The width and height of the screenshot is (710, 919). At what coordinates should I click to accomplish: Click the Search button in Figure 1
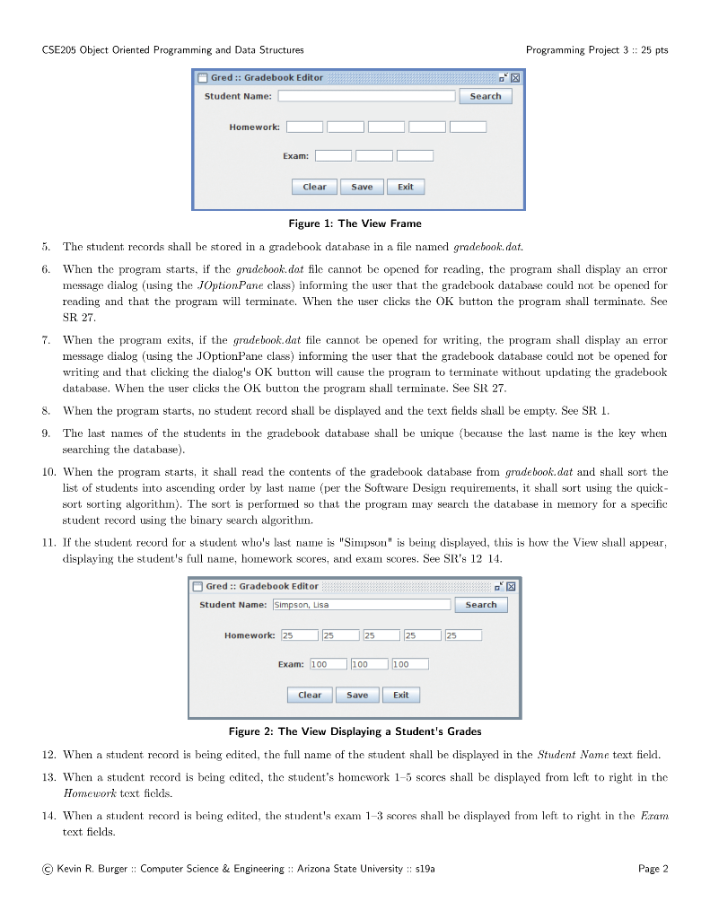(486, 96)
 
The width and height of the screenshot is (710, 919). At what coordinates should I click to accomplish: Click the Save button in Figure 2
(357, 695)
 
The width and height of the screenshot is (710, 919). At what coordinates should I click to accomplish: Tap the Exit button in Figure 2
(401, 695)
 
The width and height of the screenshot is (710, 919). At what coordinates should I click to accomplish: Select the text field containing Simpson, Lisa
(361, 605)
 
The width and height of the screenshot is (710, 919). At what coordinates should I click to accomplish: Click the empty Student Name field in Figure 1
(366, 96)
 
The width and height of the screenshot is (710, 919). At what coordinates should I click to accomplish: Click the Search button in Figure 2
(481, 605)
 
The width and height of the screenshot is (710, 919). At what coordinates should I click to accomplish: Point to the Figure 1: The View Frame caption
(355, 223)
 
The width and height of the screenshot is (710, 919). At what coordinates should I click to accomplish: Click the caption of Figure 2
(355, 731)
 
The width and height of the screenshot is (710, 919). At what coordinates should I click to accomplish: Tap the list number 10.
(48, 472)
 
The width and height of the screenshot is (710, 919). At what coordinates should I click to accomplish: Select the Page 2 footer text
(653, 868)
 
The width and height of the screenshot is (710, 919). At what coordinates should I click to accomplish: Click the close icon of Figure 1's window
(515, 78)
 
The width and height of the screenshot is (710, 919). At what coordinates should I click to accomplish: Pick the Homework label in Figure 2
(250, 635)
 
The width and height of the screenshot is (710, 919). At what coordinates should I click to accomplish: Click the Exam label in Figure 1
(295, 156)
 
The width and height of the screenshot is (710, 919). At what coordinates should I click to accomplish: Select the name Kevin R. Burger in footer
(95, 868)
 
